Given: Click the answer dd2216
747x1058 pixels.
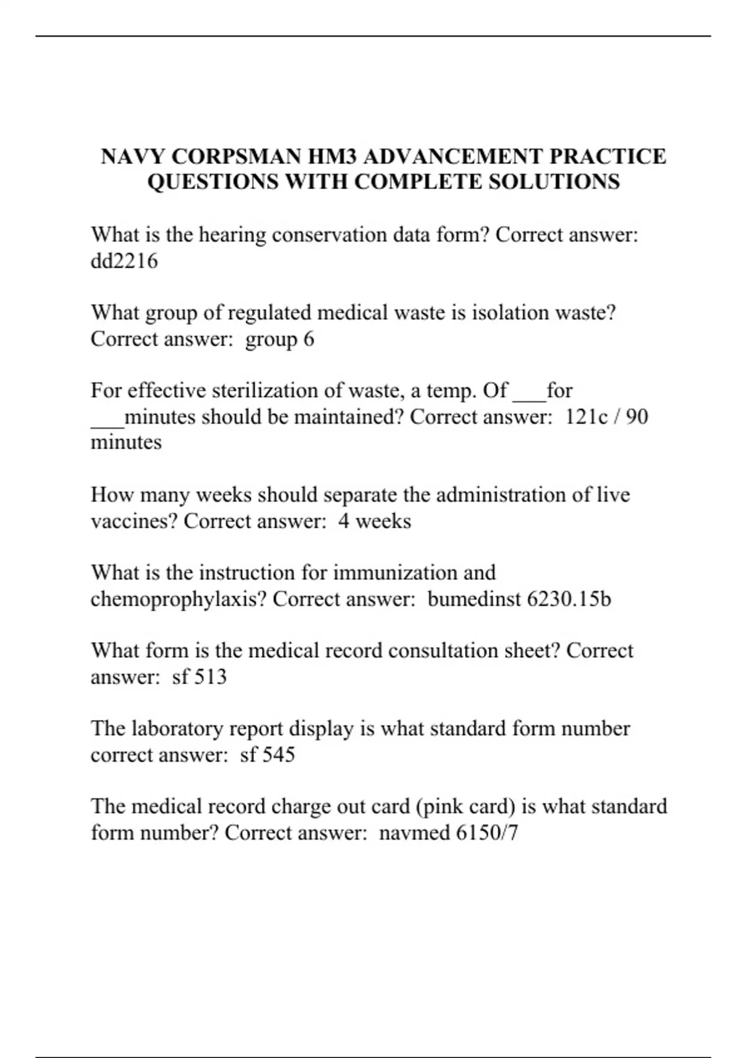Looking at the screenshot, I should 125,261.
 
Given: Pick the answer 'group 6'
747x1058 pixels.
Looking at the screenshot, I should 280,339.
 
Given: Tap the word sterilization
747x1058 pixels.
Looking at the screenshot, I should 271,391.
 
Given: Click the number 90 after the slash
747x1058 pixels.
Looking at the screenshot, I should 637,416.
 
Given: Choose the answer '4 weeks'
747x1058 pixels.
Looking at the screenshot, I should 375,521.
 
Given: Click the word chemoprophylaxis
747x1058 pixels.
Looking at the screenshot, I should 179,599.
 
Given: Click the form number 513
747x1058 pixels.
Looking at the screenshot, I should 210,676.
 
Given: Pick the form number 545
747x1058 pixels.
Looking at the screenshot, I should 278,755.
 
